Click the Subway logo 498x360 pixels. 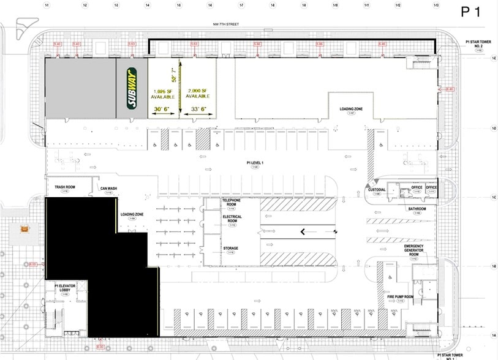132,88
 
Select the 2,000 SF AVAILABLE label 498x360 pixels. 198,94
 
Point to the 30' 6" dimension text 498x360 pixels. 162,109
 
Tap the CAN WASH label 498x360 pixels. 109,188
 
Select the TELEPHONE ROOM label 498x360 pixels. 232,202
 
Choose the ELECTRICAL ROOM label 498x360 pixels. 232,219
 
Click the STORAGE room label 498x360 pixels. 230,248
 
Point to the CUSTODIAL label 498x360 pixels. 376,190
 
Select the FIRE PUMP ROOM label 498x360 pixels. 399,296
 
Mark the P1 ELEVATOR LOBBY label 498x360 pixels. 64,288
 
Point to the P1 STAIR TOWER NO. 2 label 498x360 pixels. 475,43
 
